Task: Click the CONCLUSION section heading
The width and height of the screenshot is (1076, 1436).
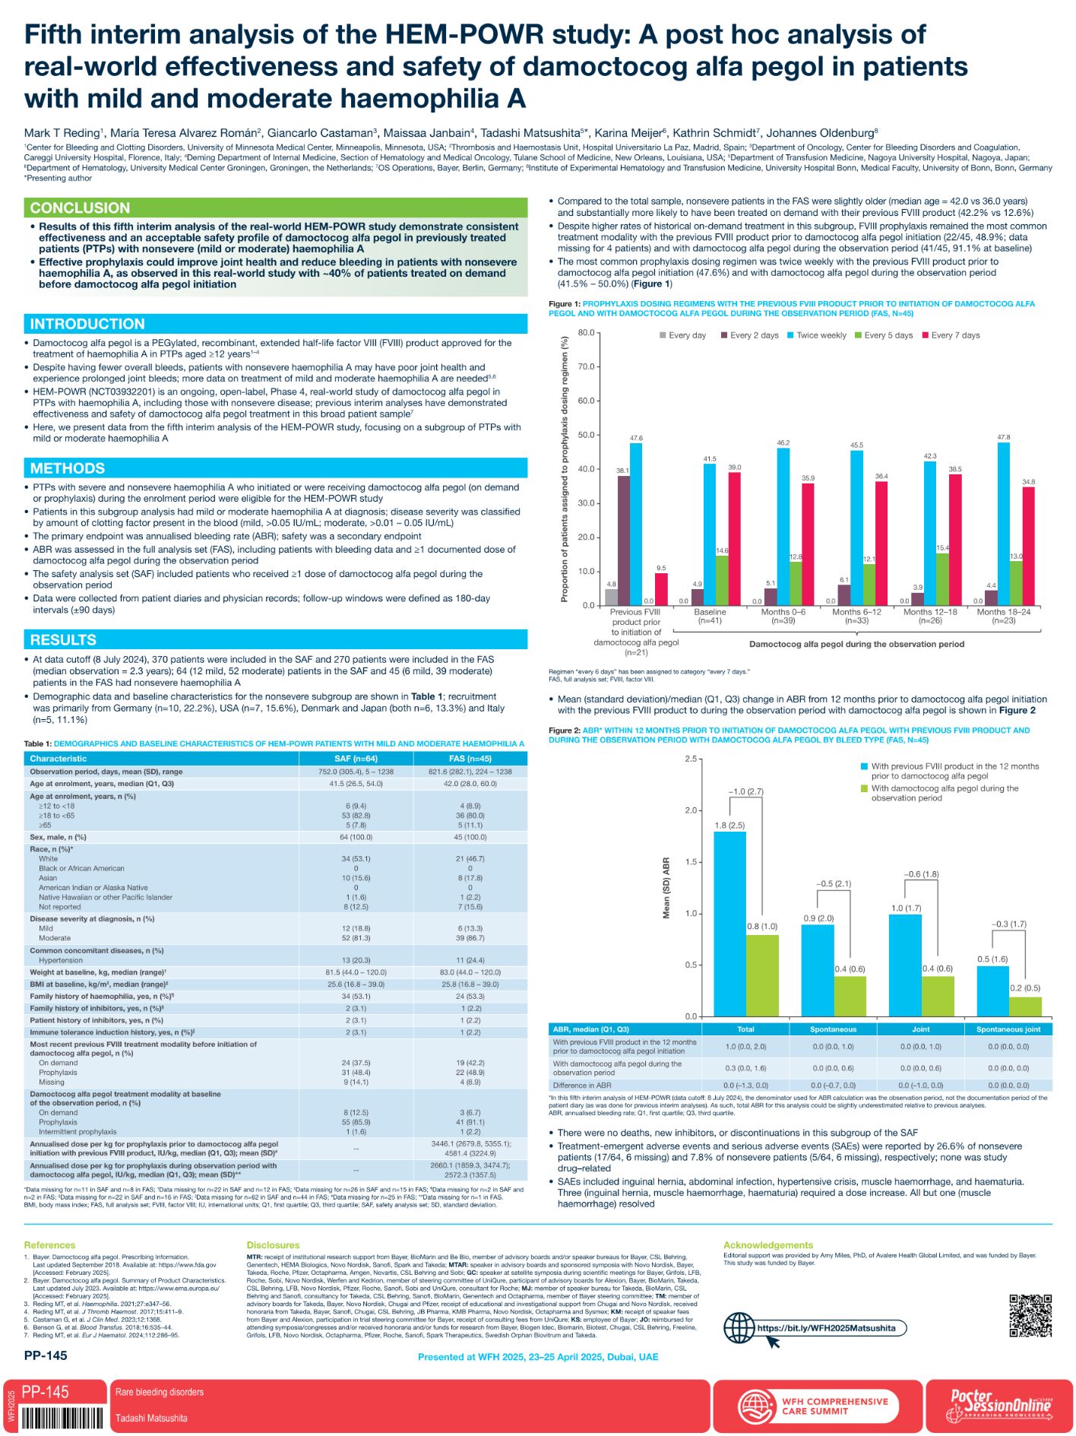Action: (80, 208)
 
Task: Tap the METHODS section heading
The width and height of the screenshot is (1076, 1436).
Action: (68, 468)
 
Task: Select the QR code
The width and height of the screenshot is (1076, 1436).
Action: (1030, 1315)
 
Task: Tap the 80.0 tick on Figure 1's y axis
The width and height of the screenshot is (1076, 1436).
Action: (586, 333)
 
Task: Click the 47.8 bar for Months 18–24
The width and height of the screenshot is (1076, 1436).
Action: (1003, 524)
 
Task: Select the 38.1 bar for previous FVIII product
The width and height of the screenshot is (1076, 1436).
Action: (623, 540)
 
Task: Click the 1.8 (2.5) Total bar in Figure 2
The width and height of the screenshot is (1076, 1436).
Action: (729, 924)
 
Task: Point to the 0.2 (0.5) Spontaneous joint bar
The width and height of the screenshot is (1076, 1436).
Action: (1025, 1006)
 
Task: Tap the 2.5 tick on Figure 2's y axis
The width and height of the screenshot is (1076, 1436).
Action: (690, 759)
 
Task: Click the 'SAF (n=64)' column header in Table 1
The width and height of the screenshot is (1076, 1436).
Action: (356, 759)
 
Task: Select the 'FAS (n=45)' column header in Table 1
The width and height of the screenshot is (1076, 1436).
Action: (470, 759)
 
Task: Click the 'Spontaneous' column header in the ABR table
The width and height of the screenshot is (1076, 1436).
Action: (833, 1029)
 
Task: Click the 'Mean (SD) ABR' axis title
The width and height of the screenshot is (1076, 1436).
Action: (666, 888)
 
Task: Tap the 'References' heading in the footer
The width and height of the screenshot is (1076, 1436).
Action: (49, 1245)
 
